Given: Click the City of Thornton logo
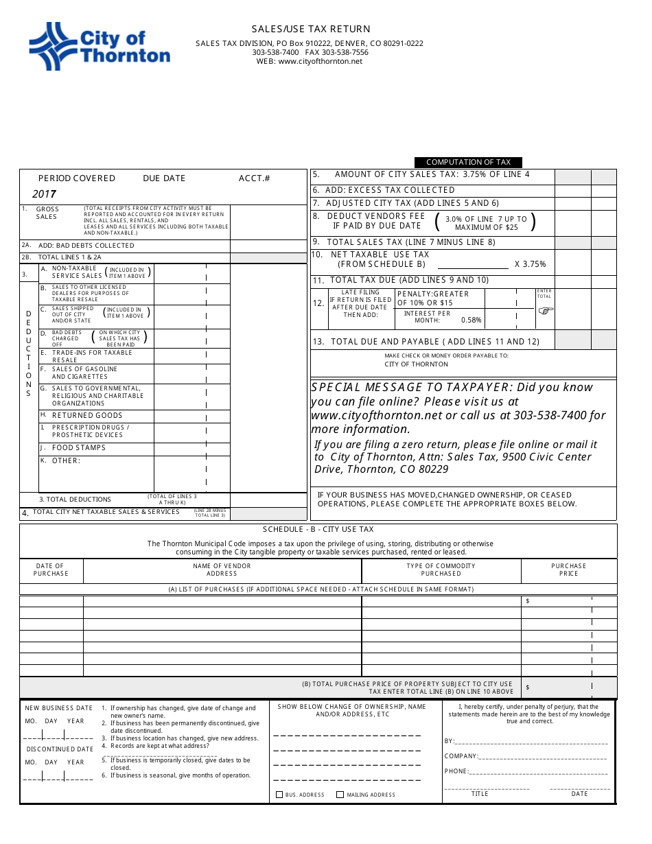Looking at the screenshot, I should tap(100, 46).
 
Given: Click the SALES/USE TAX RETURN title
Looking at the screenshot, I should tap(311, 29).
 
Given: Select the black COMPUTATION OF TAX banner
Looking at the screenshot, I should tap(468, 163).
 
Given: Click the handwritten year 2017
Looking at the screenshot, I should tap(45, 194).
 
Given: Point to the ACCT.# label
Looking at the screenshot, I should tap(255, 178).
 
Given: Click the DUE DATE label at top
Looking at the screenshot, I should tap(164, 178).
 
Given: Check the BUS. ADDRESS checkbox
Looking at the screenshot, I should tap(279, 795).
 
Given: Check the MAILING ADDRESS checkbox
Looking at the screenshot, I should tap(340, 795).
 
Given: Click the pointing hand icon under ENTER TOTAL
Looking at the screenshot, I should tap(545, 310).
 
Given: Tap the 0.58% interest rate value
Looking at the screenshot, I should tap(471, 320).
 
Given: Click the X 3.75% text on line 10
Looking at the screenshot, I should tap(531, 264).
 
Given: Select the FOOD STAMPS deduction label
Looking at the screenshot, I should tap(79, 448).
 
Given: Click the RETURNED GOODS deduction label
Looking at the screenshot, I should tap(87, 416).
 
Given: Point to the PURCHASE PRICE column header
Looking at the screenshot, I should tap(568, 570).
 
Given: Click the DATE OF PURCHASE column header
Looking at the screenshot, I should tap(51, 570).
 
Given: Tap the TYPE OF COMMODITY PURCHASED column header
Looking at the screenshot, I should tap(441, 570).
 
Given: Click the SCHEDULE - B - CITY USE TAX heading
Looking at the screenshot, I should tap(318, 530).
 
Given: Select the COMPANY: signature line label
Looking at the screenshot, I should tap(461, 756).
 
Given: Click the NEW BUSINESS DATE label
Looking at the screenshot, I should tap(59, 708).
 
